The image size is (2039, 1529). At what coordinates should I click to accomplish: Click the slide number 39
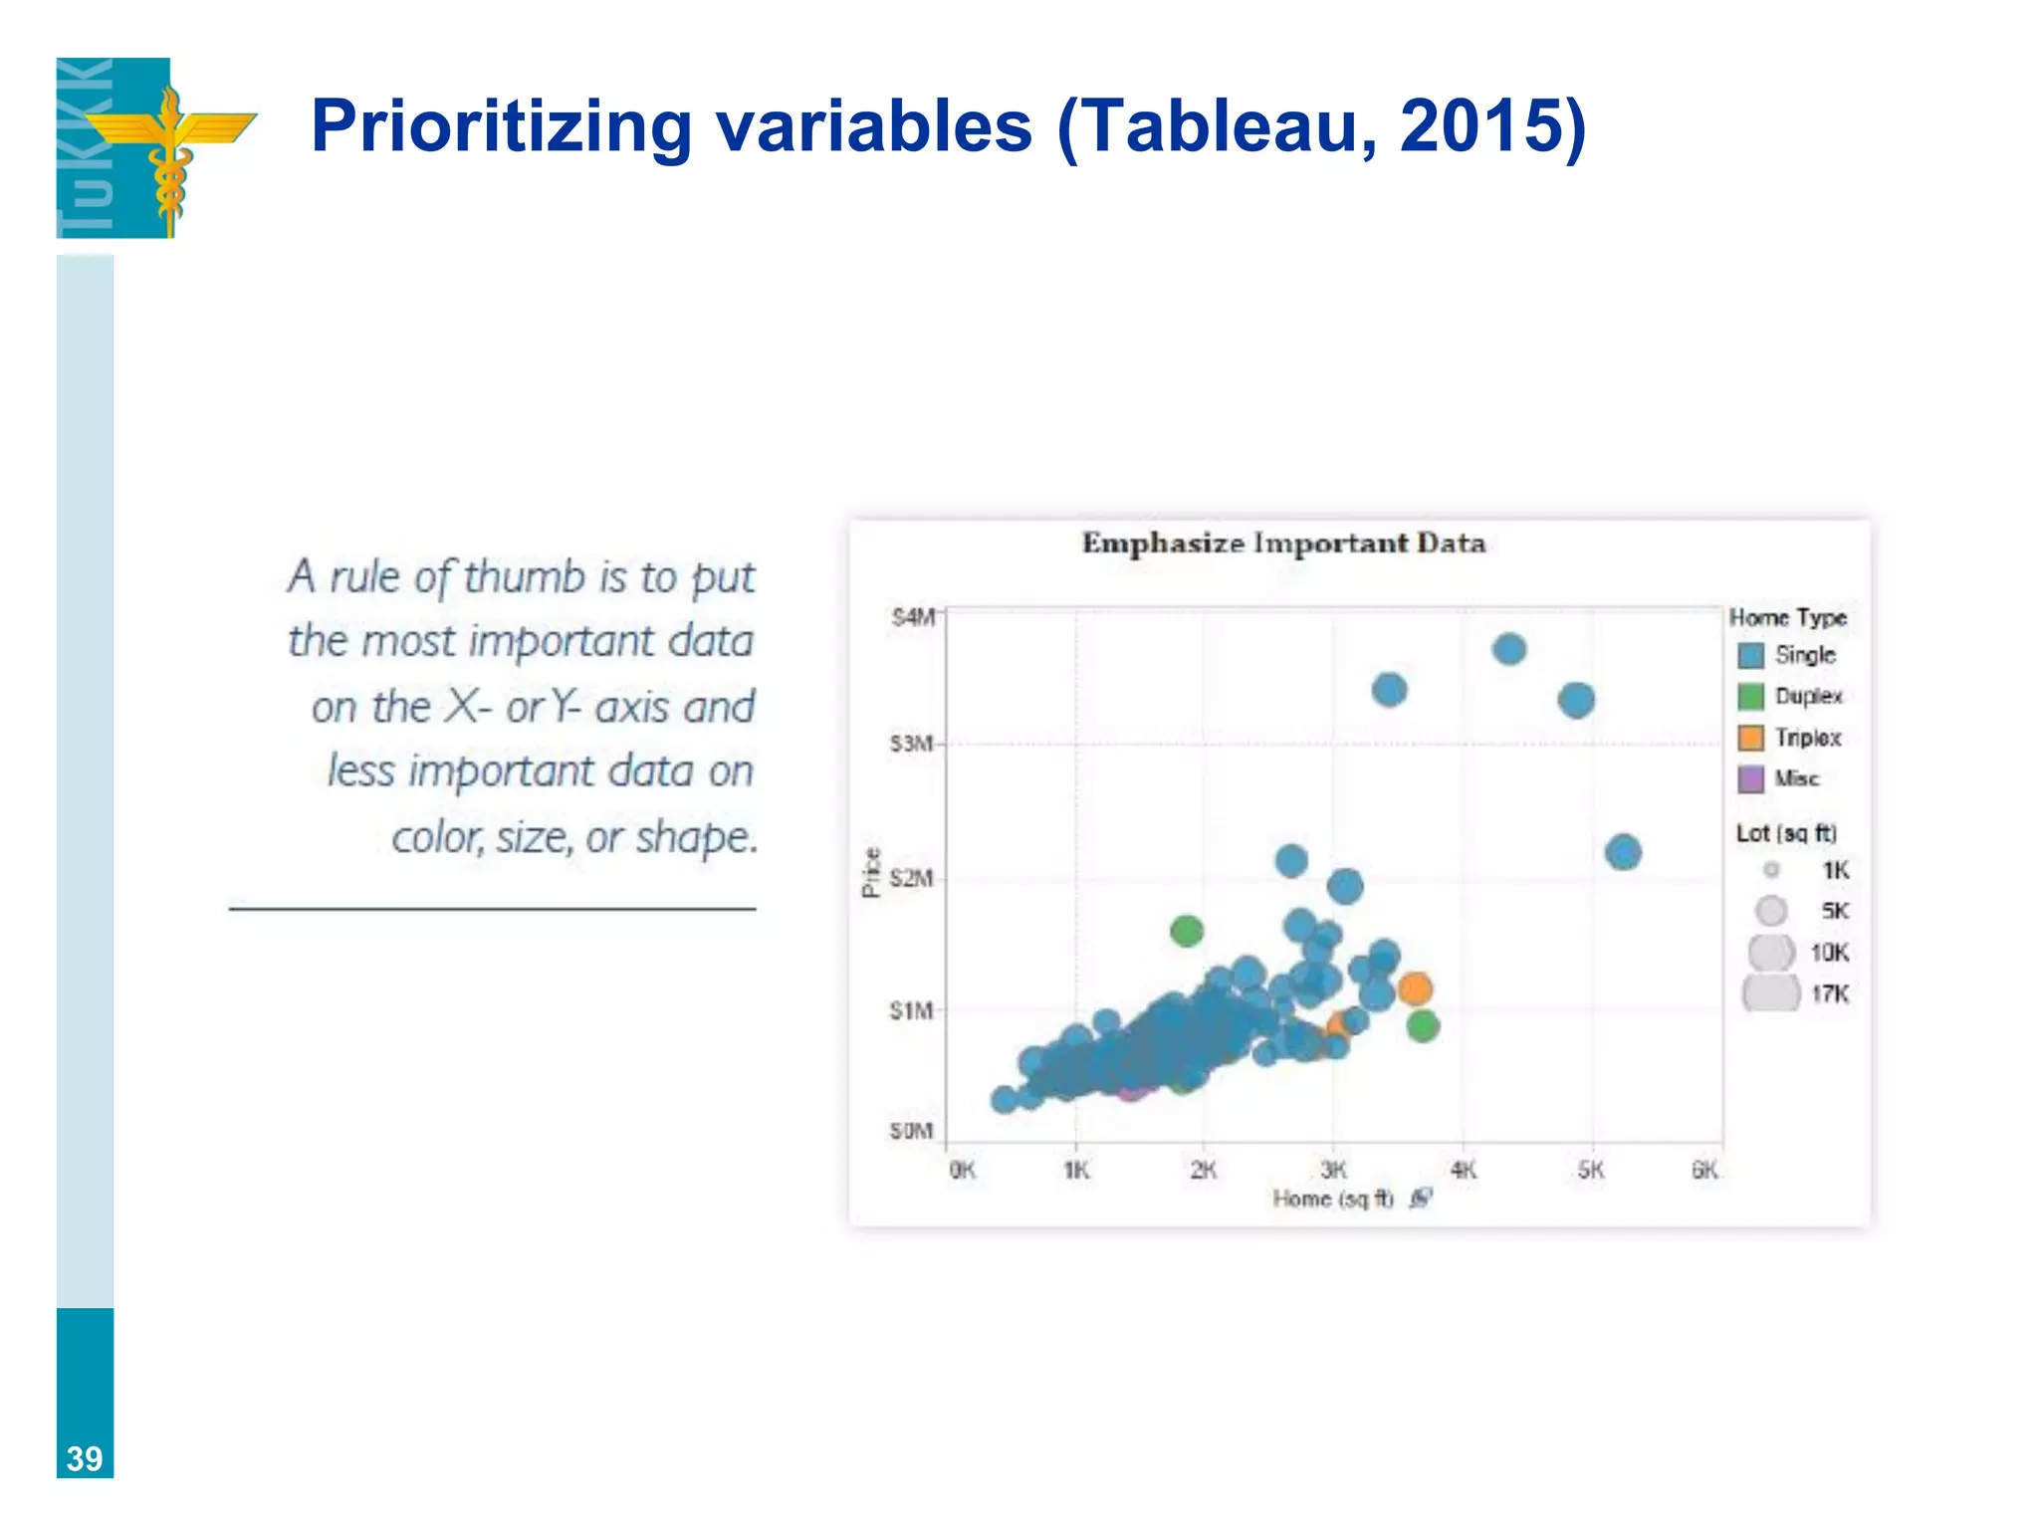point(85,1458)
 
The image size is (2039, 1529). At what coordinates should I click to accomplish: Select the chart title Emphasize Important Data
point(1283,544)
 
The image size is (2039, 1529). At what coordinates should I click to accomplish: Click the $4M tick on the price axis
point(912,618)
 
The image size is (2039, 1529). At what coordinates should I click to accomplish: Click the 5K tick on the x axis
point(1591,1171)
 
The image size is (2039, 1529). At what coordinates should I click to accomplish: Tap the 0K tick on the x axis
point(962,1171)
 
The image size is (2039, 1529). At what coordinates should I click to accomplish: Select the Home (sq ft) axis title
point(1332,1200)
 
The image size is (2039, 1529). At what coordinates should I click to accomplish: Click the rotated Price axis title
point(871,873)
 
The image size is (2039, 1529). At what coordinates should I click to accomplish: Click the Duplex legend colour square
point(1750,697)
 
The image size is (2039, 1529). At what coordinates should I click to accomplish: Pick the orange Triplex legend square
point(1750,738)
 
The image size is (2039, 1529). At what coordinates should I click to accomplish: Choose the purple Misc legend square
point(1750,778)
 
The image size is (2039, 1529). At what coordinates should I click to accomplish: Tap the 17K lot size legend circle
point(1771,993)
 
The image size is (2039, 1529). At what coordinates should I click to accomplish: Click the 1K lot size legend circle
point(1771,870)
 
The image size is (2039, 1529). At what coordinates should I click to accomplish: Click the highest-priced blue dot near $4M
point(1509,650)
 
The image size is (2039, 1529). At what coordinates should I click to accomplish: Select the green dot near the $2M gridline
point(1186,932)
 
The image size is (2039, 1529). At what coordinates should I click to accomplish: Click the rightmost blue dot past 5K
point(1623,852)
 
